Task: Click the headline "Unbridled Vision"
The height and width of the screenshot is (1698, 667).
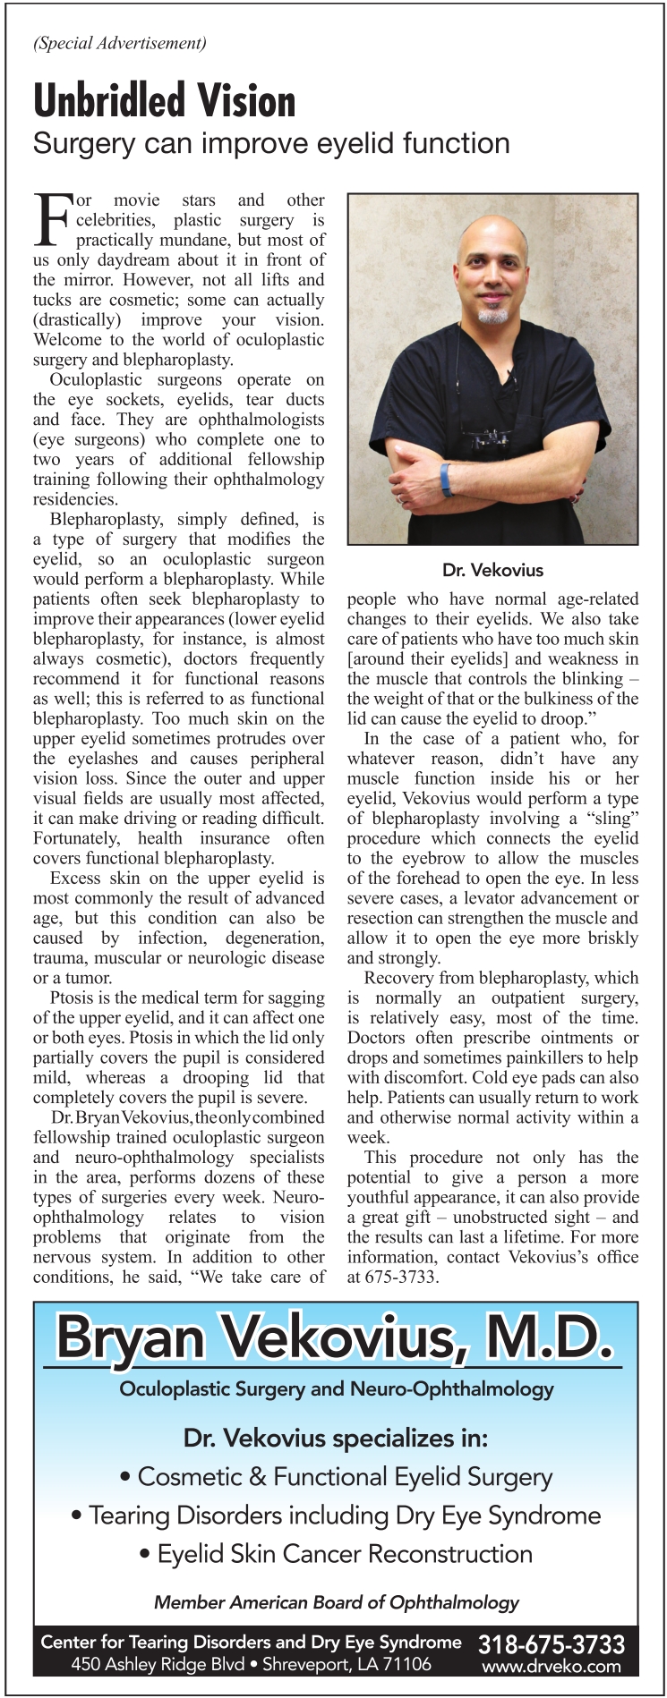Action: tap(164, 100)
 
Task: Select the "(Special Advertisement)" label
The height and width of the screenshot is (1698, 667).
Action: tap(119, 42)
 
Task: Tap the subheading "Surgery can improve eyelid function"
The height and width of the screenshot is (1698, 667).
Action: tap(271, 143)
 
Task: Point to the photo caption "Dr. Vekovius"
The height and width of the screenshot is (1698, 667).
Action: tap(492, 570)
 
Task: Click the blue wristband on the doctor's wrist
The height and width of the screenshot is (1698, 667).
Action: tap(446, 480)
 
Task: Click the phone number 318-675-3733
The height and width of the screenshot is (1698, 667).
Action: tap(552, 1644)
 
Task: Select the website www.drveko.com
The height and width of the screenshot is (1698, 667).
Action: tap(552, 1666)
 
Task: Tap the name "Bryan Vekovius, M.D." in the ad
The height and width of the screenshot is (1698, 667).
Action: tap(335, 1338)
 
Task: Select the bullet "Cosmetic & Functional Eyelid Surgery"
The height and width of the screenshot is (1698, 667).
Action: tap(337, 1476)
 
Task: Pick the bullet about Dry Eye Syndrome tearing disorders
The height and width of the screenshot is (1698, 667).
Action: tap(337, 1515)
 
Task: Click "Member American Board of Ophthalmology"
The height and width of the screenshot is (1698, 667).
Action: tap(337, 1601)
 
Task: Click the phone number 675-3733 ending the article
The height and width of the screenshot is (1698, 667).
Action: tap(400, 1277)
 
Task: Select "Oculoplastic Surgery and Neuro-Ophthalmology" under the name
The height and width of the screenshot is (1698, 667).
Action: tap(337, 1388)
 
